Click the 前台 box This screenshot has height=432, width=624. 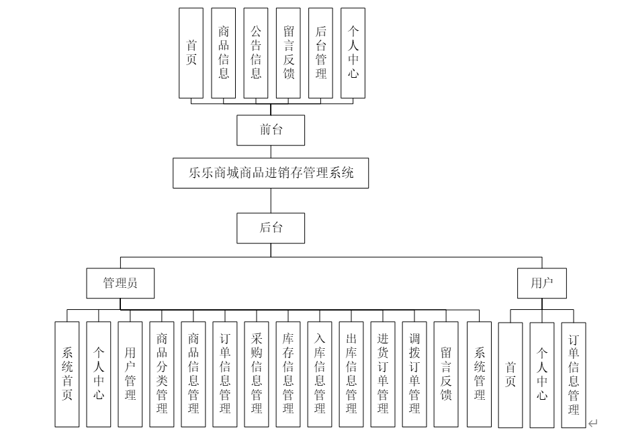point(271,130)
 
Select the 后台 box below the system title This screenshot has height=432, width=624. point(271,228)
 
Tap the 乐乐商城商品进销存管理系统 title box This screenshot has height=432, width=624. point(271,173)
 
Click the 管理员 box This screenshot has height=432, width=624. point(120,283)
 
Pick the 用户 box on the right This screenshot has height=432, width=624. point(541,283)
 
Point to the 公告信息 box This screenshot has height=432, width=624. point(256,53)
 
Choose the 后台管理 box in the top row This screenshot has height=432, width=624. point(321,53)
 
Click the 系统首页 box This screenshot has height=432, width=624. point(66,374)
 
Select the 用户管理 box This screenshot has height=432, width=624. point(130,374)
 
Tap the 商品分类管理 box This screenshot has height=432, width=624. point(162,374)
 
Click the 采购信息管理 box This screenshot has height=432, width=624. point(256,374)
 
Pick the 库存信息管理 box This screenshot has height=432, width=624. point(288,374)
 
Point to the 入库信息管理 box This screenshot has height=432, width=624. point(320,374)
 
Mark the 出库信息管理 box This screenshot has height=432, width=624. point(351,374)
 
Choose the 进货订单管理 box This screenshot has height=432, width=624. point(383,374)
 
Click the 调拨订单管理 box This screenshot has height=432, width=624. point(414,374)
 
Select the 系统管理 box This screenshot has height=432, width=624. point(480,374)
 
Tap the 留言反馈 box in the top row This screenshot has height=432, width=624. point(289,53)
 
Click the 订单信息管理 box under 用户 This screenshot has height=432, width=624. point(574,374)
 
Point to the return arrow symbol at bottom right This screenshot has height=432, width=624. point(592,423)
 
